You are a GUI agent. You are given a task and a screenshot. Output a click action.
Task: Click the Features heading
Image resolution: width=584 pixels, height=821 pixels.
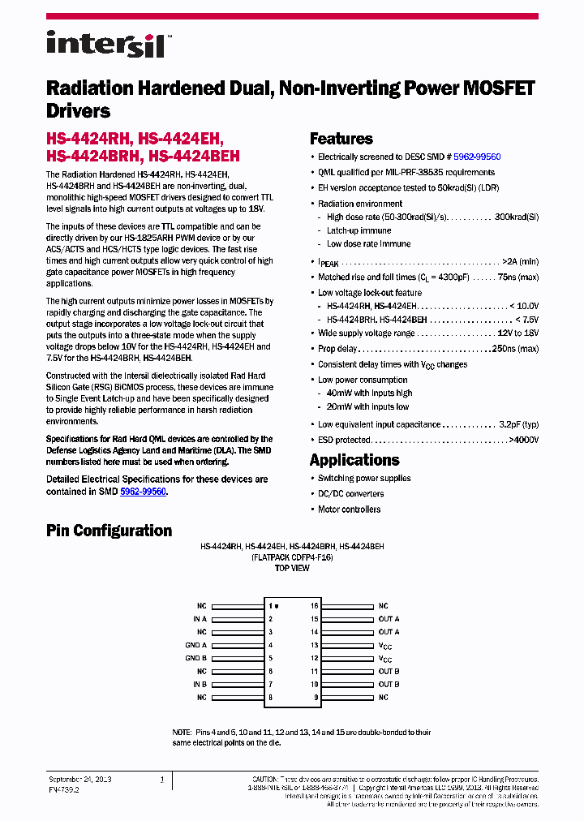(x=341, y=139)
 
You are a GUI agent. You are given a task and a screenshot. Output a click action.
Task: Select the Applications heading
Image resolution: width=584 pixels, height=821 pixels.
(x=354, y=460)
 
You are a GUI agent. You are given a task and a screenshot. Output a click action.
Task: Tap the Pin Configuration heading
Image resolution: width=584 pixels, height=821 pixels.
(x=109, y=531)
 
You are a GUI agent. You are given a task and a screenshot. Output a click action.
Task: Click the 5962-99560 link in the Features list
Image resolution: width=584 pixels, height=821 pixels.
(x=477, y=157)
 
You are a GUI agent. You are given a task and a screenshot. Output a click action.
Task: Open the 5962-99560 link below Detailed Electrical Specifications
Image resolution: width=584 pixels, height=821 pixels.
(x=143, y=492)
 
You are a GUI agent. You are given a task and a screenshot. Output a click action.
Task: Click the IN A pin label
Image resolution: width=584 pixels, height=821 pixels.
(x=200, y=619)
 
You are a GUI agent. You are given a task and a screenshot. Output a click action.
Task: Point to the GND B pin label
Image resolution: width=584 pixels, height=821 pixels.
(x=196, y=658)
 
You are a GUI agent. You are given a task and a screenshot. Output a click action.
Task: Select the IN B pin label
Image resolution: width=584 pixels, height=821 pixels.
(x=200, y=684)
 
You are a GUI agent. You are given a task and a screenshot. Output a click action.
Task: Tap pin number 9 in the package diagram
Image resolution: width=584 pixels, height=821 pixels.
(x=316, y=697)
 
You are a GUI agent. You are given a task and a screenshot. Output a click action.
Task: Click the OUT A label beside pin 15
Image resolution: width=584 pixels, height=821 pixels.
(x=389, y=619)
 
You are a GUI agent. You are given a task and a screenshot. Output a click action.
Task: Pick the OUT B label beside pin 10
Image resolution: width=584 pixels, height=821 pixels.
(x=389, y=684)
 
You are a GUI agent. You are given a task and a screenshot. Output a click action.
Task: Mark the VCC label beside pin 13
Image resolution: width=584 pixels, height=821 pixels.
(x=385, y=646)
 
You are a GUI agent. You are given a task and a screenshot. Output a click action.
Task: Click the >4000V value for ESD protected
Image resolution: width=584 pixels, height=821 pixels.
(x=523, y=440)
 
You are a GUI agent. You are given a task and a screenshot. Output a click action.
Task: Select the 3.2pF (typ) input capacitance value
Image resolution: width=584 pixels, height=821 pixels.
(x=519, y=424)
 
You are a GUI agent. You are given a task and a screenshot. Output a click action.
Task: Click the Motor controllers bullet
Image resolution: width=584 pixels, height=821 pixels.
(x=349, y=509)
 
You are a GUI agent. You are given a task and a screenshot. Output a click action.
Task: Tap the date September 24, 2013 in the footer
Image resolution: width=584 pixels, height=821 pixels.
(x=79, y=779)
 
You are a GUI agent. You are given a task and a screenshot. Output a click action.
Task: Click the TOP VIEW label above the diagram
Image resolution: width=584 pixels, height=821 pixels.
(x=292, y=569)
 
